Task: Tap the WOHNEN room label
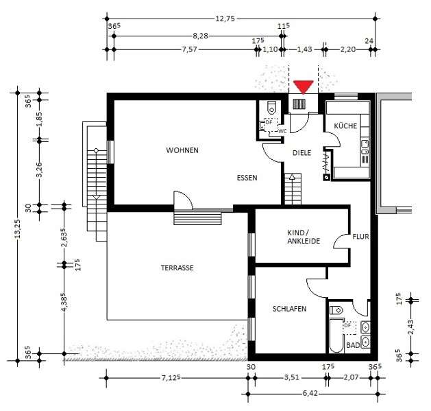[x=182, y=150]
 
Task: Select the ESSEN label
[x=247, y=178]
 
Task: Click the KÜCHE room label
[x=345, y=127]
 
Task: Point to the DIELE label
[x=302, y=154]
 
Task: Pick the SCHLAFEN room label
[x=289, y=309]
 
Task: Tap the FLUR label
[x=360, y=237]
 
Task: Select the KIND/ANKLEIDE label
[x=303, y=237]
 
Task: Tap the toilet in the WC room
[x=272, y=107]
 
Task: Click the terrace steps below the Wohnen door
[x=198, y=218]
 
